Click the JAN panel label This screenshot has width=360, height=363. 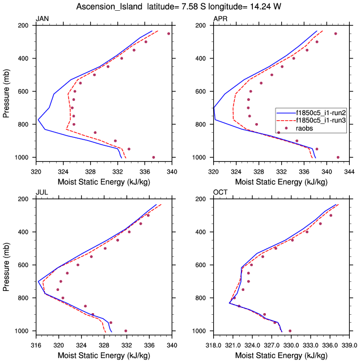point(42,19)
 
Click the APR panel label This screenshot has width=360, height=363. point(220,19)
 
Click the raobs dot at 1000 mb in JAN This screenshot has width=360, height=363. point(154,157)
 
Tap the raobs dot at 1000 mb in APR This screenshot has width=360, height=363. point(338,157)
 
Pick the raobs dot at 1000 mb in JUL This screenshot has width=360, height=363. point(126,331)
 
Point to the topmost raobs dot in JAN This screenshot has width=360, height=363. point(168,33)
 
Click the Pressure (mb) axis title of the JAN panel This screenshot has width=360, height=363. point(7,91)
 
